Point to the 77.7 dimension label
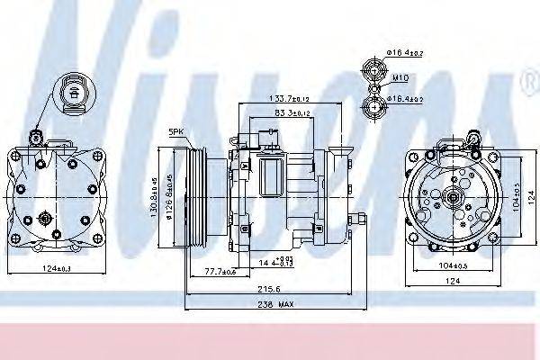(219, 271)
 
